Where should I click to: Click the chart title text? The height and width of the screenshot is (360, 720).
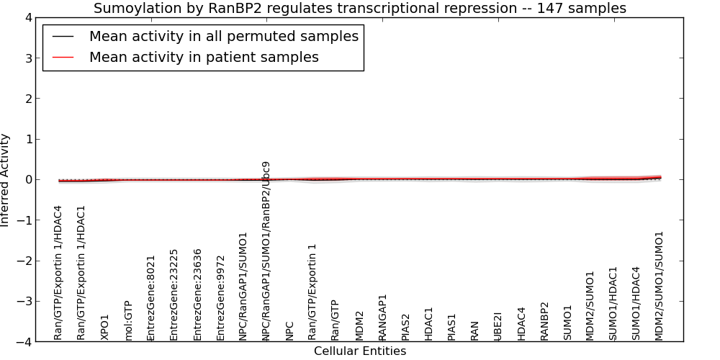click(x=360, y=8)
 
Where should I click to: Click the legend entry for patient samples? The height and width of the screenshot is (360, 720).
click(x=204, y=57)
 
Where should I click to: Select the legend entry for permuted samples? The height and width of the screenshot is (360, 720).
click(x=224, y=36)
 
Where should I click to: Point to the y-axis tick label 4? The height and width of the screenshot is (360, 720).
click(x=29, y=17)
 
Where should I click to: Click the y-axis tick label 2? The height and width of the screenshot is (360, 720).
click(x=29, y=98)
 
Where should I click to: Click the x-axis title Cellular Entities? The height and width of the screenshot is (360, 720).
click(x=360, y=351)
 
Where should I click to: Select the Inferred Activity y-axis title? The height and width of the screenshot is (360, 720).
click(x=4, y=179)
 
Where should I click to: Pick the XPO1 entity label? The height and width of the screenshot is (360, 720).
click(x=104, y=328)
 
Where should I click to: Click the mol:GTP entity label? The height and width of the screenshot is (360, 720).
click(x=128, y=321)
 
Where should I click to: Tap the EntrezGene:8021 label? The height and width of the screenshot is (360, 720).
click(x=151, y=299)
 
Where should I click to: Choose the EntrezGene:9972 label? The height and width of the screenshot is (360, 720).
click(x=220, y=299)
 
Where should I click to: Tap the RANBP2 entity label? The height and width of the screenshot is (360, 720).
click(x=544, y=321)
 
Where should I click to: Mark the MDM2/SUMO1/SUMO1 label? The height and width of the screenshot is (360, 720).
click(x=660, y=286)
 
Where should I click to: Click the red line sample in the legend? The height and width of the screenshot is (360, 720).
click(x=63, y=58)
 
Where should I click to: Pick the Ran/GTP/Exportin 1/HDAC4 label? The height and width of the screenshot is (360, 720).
click(x=58, y=273)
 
